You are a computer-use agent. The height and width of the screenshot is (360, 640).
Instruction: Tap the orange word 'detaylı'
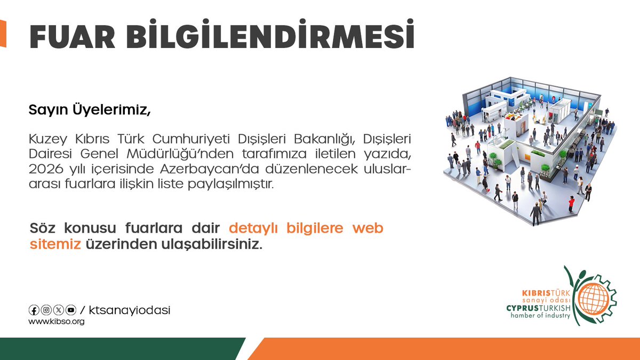click(x=255, y=229)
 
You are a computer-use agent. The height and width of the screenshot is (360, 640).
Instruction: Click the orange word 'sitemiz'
click(x=55, y=244)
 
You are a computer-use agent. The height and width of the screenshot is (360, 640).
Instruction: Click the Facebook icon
click(x=34, y=310)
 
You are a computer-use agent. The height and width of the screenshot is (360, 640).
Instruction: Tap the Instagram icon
click(x=46, y=310)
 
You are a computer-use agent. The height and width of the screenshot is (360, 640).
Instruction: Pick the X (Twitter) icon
click(x=58, y=310)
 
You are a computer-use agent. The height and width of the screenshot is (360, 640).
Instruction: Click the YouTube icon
click(x=70, y=310)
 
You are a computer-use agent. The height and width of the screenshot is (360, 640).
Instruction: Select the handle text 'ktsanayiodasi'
click(x=129, y=310)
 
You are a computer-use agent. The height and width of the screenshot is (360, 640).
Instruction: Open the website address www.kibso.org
click(x=56, y=322)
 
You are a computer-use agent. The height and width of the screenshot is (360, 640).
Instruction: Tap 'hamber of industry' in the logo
click(x=540, y=316)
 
